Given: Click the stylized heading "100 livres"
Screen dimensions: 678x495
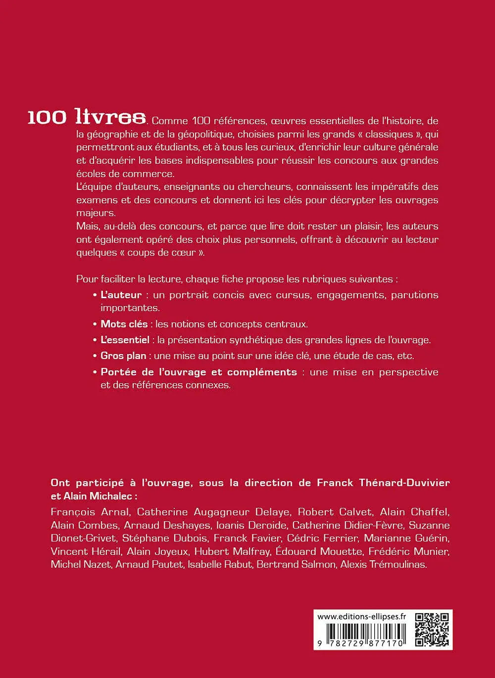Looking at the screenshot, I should pyautogui.click(x=87, y=117).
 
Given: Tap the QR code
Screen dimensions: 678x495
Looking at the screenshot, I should pyautogui.click(x=432, y=629).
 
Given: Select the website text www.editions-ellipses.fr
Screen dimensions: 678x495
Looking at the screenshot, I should pyautogui.click(x=361, y=616).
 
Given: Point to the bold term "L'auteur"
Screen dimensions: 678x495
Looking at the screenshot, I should pyautogui.click(x=121, y=295).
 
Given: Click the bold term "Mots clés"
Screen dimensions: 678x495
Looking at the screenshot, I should pyautogui.click(x=124, y=324).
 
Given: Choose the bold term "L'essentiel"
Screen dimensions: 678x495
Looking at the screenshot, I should pyautogui.click(x=125, y=340).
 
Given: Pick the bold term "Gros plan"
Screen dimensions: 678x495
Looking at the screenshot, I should pyautogui.click(x=123, y=356).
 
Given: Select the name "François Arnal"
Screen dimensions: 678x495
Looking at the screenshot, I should pyautogui.click(x=91, y=512).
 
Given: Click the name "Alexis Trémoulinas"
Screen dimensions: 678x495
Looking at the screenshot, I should pyautogui.click(x=383, y=564).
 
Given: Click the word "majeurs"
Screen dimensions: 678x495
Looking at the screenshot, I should pyautogui.click(x=96, y=213).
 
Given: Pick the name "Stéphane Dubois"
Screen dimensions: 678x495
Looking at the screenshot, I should pyautogui.click(x=165, y=538).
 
